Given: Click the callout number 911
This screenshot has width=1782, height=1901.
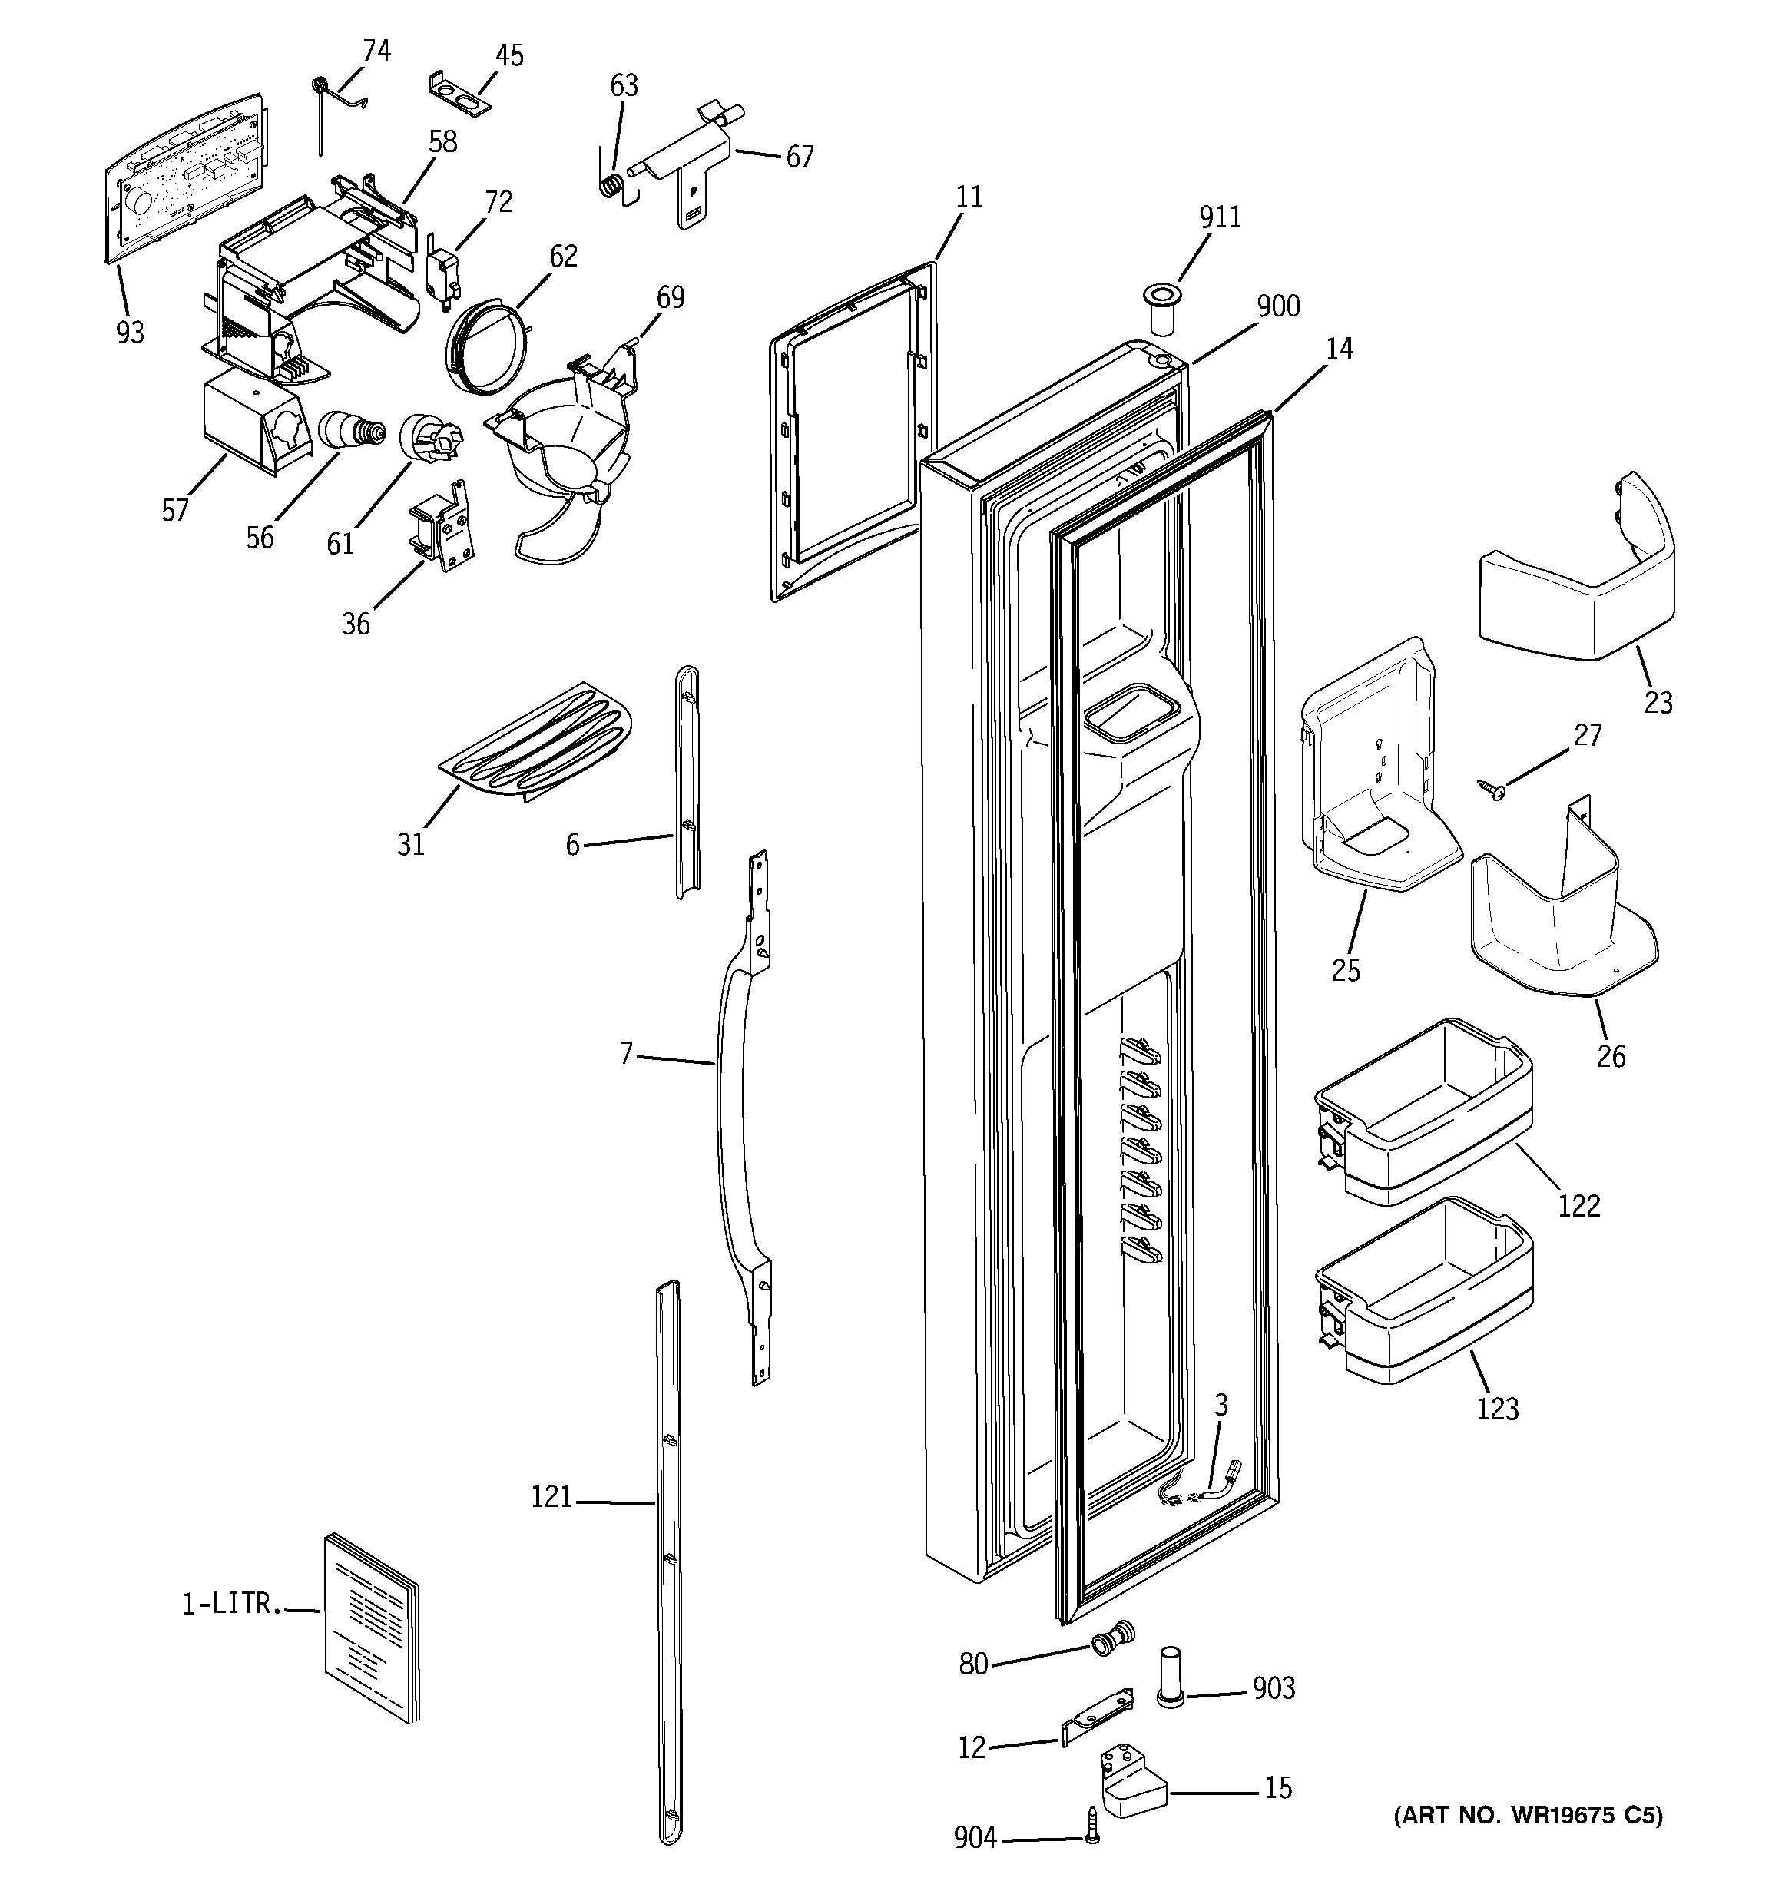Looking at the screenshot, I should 1220,218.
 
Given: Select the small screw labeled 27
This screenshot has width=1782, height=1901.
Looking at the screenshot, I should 1493,789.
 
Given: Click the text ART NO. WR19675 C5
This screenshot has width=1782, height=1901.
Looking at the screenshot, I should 1527,1816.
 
